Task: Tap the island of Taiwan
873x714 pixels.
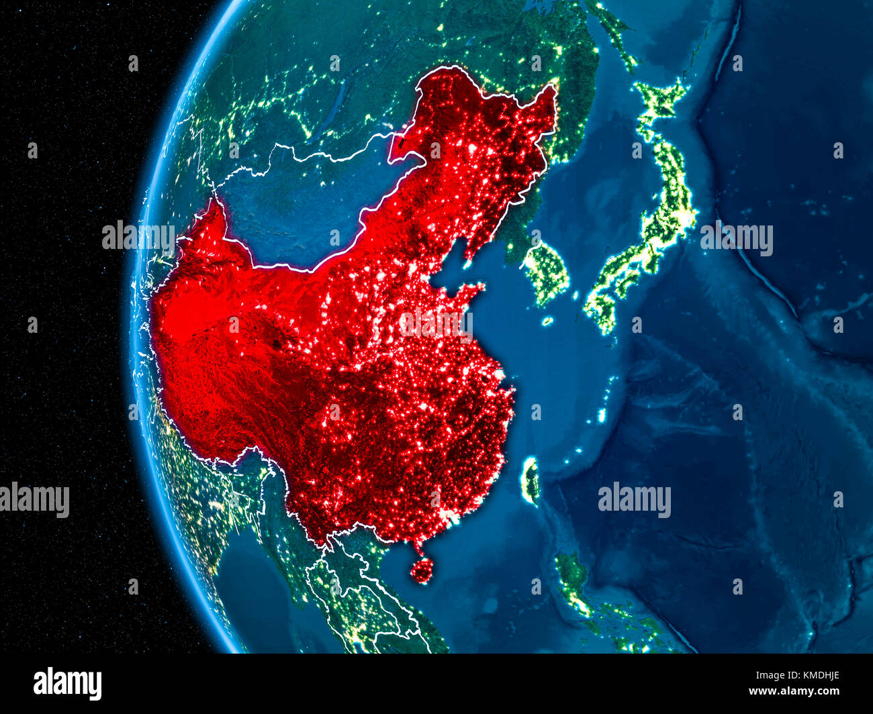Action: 531,480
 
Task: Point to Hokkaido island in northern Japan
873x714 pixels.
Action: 661,101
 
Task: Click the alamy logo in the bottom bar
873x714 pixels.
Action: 67,683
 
